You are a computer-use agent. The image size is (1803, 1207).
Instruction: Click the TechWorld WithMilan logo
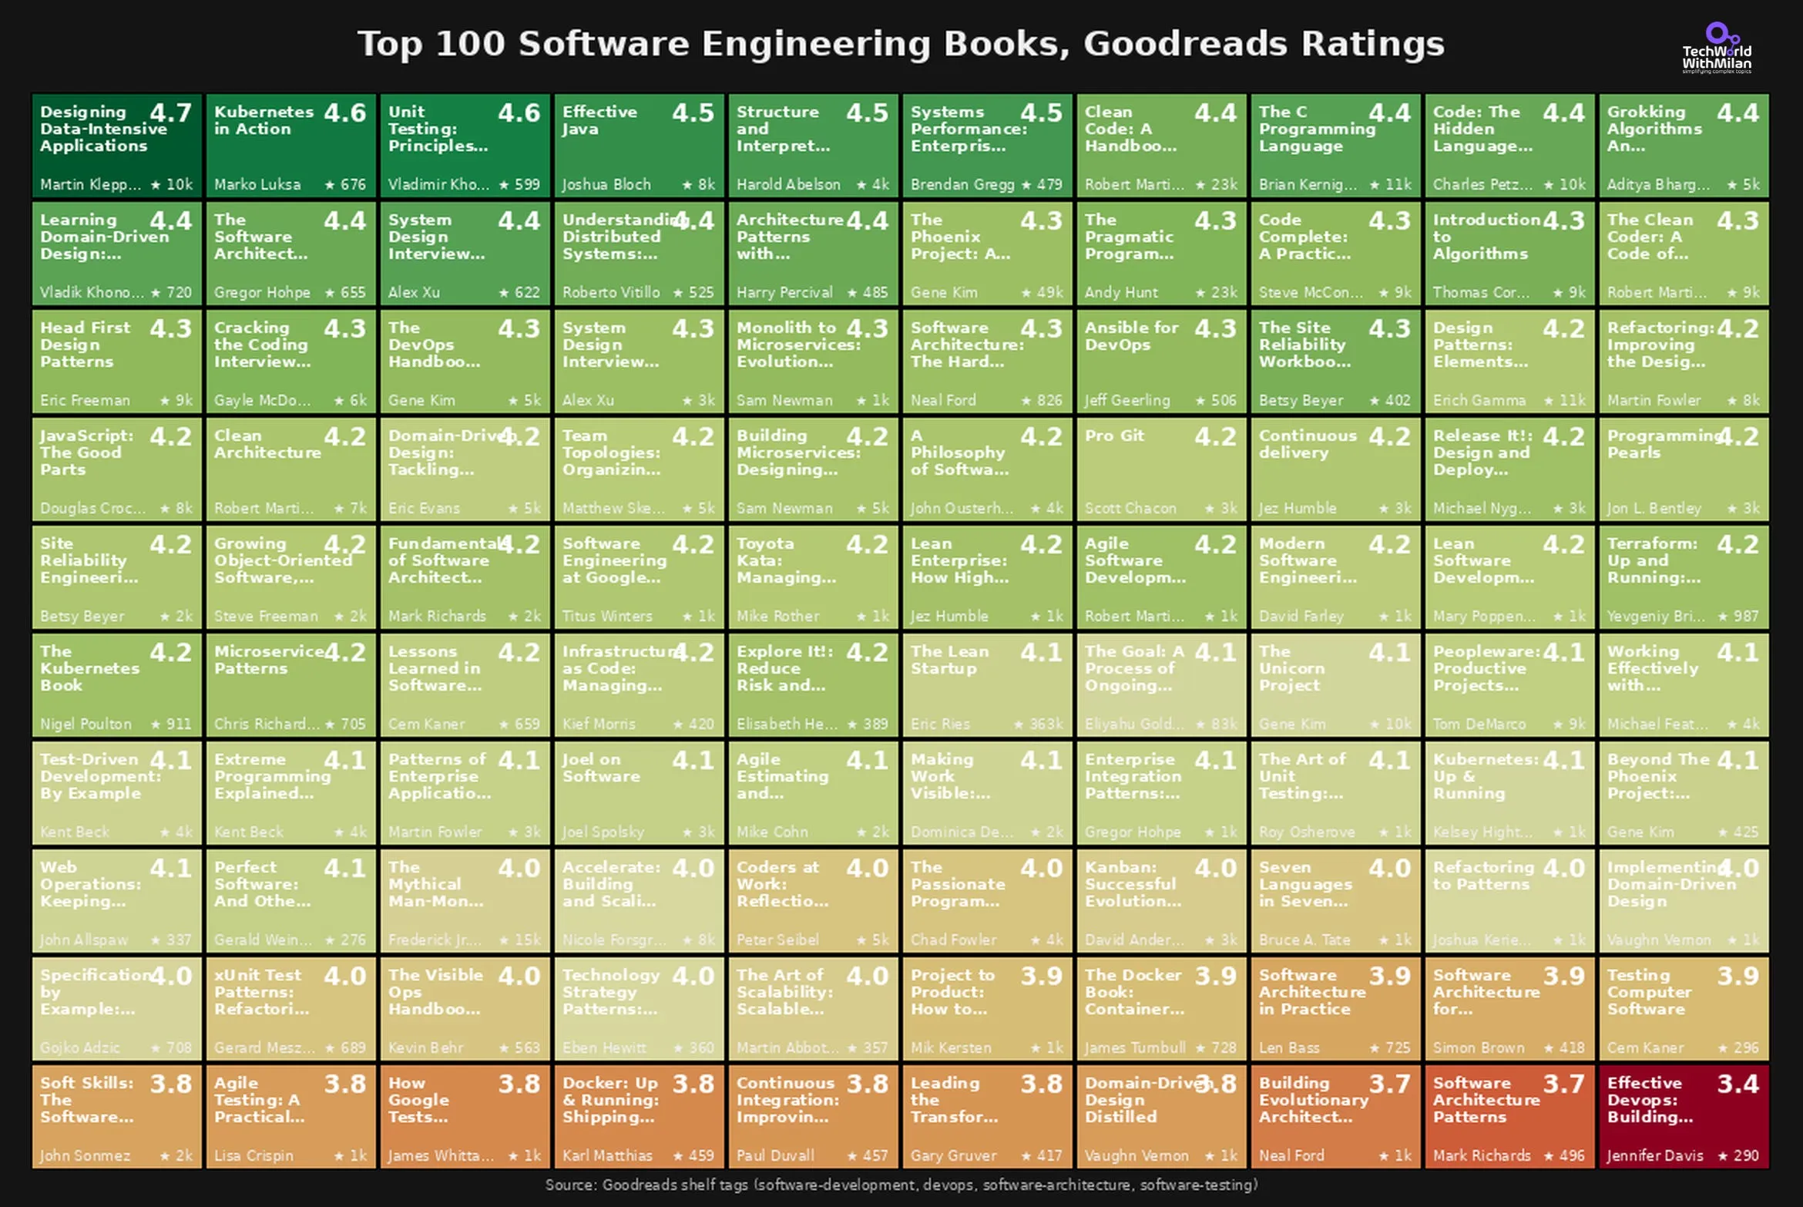tap(1716, 49)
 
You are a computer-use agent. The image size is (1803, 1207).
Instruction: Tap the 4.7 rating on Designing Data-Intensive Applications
tap(170, 113)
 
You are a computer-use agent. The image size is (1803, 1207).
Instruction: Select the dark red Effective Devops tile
tap(1684, 1116)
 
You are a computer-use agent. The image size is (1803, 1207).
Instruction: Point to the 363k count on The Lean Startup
tap(1039, 725)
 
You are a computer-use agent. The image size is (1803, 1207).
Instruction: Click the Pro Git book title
tap(1114, 436)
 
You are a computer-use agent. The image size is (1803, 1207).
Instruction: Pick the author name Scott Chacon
tap(1130, 509)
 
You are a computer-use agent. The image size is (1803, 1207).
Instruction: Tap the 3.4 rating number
tap(1738, 1084)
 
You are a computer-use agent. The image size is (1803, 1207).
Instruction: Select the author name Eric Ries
tap(940, 725)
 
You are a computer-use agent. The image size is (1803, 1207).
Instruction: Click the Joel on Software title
tap(601, 768)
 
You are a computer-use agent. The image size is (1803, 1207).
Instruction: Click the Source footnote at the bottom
tap(901, 1185)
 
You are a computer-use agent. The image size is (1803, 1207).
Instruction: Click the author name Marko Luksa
tap(257, 185)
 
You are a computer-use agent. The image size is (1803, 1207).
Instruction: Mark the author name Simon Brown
tap(1478, 1048)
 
